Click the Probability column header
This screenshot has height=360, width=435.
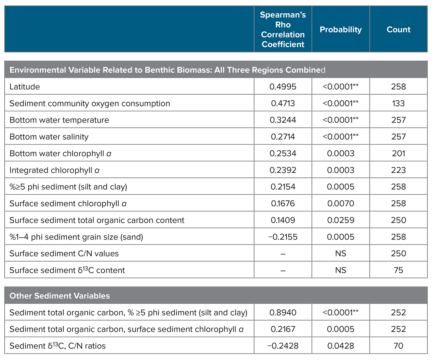point(341,30)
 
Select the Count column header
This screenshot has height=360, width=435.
point(399,30)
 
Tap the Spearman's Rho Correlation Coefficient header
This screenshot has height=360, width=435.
point(283,30)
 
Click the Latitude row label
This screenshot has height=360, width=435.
point(25,87)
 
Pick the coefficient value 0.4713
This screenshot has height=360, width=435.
point(283,103)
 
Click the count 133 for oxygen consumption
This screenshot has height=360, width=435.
point(398,103)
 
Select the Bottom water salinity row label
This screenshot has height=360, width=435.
point(49,137)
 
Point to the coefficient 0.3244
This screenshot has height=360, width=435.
point(283,120)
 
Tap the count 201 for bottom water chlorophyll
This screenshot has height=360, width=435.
point(398,153)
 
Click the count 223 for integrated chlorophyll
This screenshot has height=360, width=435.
point(398,170)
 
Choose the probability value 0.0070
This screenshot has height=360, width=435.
point(341,203)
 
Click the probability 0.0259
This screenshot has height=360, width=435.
point(341,220)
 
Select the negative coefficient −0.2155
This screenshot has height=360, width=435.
point(283,237)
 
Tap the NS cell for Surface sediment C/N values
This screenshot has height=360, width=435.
point(341,254)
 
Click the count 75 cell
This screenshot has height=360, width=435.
point(398,270)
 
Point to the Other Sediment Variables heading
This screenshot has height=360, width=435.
point(60,296)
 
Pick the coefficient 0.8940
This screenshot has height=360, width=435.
point(283,313)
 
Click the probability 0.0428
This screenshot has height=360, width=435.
point(341,346)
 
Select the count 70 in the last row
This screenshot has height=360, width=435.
point(398,346)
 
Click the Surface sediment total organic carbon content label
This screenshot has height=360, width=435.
point(97,220)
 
